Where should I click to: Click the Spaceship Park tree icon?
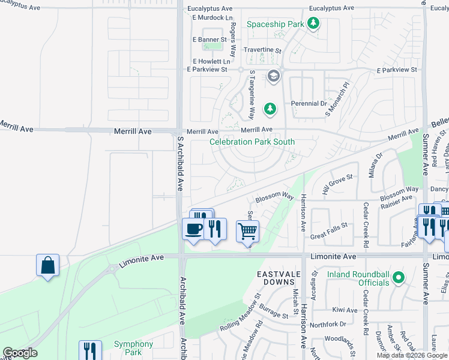point(313,24)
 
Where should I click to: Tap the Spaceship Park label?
point(276,25)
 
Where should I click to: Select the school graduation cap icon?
point(274,76)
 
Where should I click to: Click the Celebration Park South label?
point(252,142)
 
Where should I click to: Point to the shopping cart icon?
point(247,230)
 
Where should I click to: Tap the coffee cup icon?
point(193,229)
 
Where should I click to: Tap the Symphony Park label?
point(133,348)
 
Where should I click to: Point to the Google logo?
point(20,353)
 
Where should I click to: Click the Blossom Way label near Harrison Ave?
point(274,197)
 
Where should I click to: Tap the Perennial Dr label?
point(308,104)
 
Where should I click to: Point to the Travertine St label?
point(262,50)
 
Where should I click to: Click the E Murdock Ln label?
point(212,18)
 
